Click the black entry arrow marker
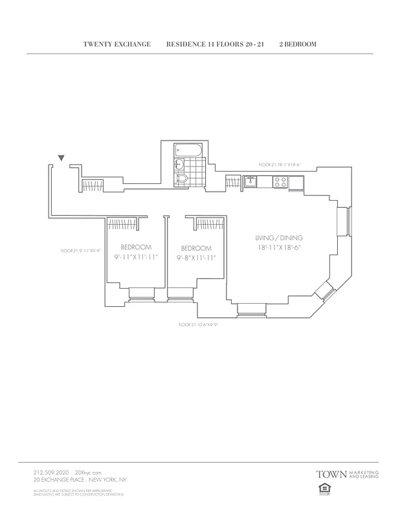pyautogui.click(x=61, y=157)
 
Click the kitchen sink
pyautogui.click(x=250, y=182)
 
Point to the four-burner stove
pyautogui.click(x=281, y=182)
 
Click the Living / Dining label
pyautogui.click(x=279, y=238)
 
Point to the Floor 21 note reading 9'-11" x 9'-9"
pyautogui.click(x=79, y=251)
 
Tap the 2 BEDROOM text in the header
pyautogui.click(x=297, y=45)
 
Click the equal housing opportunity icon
pyautogui.click(x=322, y=490)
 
